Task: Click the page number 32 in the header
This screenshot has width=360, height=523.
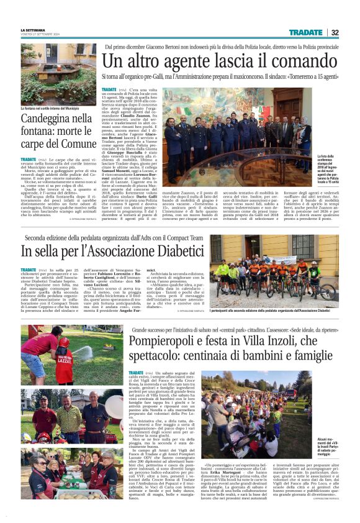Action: pos(335,32)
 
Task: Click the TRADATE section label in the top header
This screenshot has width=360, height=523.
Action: pos(305,32)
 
